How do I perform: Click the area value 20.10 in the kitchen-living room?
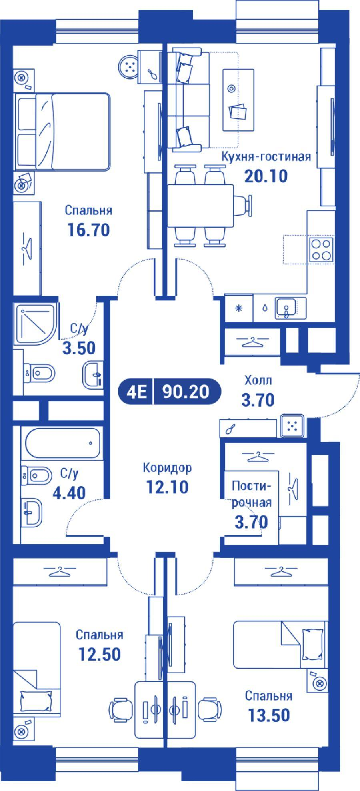tap(266, 176)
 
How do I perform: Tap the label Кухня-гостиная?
tap(266, 156)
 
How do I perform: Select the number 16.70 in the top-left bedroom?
tap(88, 230)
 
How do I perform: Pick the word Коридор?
tap(167, 467)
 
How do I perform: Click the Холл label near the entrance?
tap(258, 380)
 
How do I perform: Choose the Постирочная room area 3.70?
tap(251, 522)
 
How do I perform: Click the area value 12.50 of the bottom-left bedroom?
tap(100, 654)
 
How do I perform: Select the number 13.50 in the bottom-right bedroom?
tap(268, 715)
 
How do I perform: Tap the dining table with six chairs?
tap(200, 205)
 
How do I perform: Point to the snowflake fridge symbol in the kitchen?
tap(239, 308)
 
